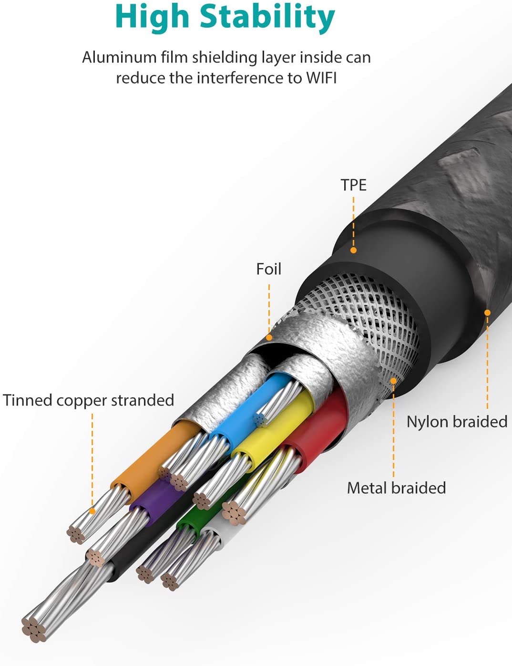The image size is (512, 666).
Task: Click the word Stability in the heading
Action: click(x=267, y=17)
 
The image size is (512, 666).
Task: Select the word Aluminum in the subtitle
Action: click(x=119, y=57)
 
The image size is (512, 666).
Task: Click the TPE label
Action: click(x=353, y=185)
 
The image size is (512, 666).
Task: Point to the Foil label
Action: click(x=269, y=269)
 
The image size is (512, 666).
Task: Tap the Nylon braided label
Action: click(x=457, y=422)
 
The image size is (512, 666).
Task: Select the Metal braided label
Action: click(x=396, y=488)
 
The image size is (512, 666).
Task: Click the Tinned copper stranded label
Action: click(x=89, y=400)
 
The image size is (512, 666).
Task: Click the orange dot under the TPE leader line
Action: click(x=354, y=250)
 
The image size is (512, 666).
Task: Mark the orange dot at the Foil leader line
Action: click(x=269, y=337)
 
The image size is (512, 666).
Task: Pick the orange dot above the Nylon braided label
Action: click(x=487, y=313)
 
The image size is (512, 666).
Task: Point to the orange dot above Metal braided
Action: click(x=394, y=381)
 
